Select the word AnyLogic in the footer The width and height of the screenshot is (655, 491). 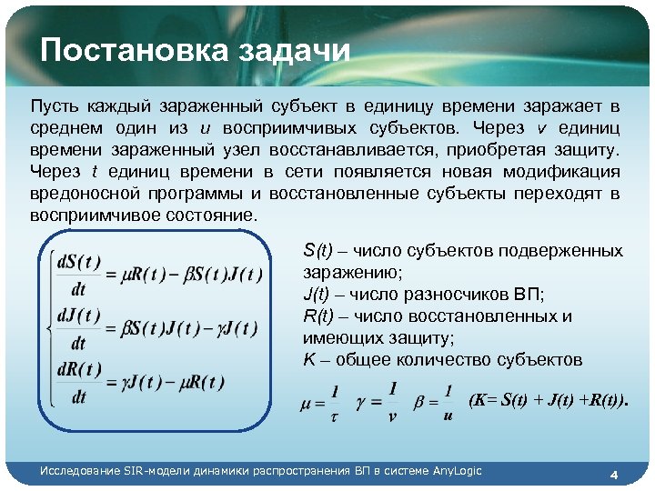pyautogui.click(x=458, y=470)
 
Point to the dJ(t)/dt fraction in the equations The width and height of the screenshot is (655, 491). pyautogui.click(x=78, y=328)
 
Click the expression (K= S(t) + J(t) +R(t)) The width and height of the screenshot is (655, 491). pyautogui.click(x=548, y=400)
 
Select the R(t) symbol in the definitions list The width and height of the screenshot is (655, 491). pyautogui.click(x=319, y=316)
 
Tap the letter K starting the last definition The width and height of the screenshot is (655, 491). pyautogui.click(x=307, y=360)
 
